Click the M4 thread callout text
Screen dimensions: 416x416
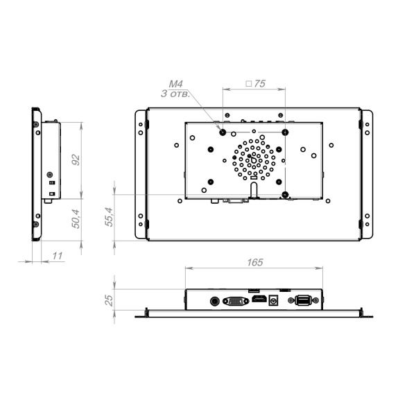click(x=176, y=84)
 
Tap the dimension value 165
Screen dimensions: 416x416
click(x=255, y=262)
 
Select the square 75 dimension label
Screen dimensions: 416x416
click(x=255, y=84)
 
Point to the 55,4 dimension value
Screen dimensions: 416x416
click(x=109, y=217)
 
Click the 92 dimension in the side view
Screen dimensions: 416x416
click(x=76, y=159)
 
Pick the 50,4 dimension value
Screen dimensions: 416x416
click(x=76, y=219)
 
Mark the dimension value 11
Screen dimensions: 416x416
click(x=58, y=256)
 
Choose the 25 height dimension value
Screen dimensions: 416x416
click(x=109, y=300)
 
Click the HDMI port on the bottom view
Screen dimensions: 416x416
click(x=259, y=299)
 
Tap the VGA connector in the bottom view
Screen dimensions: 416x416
click(x=236, y=301)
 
